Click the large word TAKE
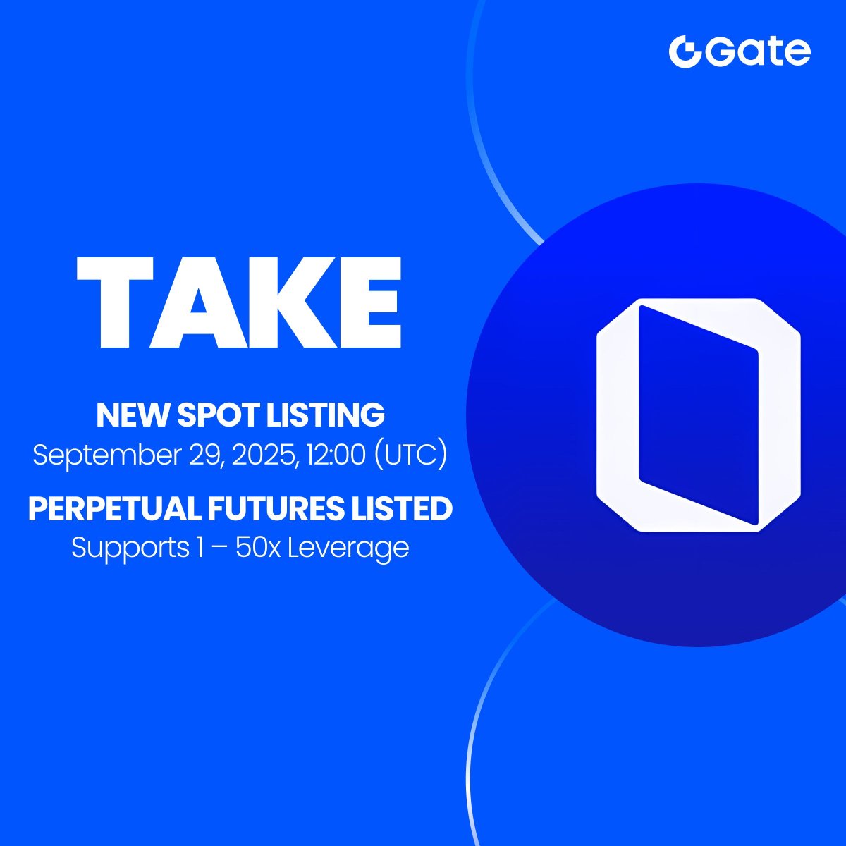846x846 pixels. tap(239, 303)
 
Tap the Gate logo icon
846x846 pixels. tap(685, 51)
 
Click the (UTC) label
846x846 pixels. tap(410, 455)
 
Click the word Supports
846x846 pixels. tap(130, 548)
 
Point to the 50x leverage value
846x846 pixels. tap(258, 548)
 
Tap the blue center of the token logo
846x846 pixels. tap(698, 415)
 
